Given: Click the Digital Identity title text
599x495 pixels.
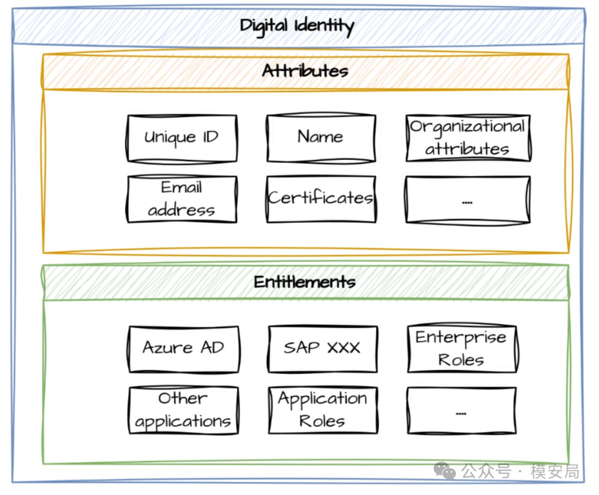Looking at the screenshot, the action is tap(297, 26).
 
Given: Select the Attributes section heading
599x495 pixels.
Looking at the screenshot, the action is tap(305, 71).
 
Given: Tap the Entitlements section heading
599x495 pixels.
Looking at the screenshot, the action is tap(305, 282).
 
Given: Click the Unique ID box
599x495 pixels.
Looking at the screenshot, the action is tap(182, 139).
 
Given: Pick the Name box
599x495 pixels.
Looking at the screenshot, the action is tap(321, 138).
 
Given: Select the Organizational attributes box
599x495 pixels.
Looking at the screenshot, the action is tap(468, 138).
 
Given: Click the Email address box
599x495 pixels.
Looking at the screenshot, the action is tap(182, 199).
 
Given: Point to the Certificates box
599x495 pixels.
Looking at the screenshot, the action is tap(321, 199).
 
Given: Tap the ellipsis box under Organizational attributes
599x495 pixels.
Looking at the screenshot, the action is tap(468, 199).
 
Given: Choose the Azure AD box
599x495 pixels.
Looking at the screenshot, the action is tap(184, 349).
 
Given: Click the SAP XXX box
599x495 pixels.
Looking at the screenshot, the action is tap(323, 349).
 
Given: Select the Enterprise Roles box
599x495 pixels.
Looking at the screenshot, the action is tap(462, 349).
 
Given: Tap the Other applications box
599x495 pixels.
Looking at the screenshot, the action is tap(184, 410).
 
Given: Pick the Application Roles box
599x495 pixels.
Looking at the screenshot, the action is tap(323, 410).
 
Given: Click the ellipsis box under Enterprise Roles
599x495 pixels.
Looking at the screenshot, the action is tap(462, 411).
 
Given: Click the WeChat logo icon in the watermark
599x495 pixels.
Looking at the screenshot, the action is tap(444, 471).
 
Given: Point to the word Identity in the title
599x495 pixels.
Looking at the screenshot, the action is tap(324, 27).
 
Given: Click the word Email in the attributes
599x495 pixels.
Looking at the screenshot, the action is tap(181, 187).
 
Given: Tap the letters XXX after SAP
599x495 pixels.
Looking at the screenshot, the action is tap(344, 348).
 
